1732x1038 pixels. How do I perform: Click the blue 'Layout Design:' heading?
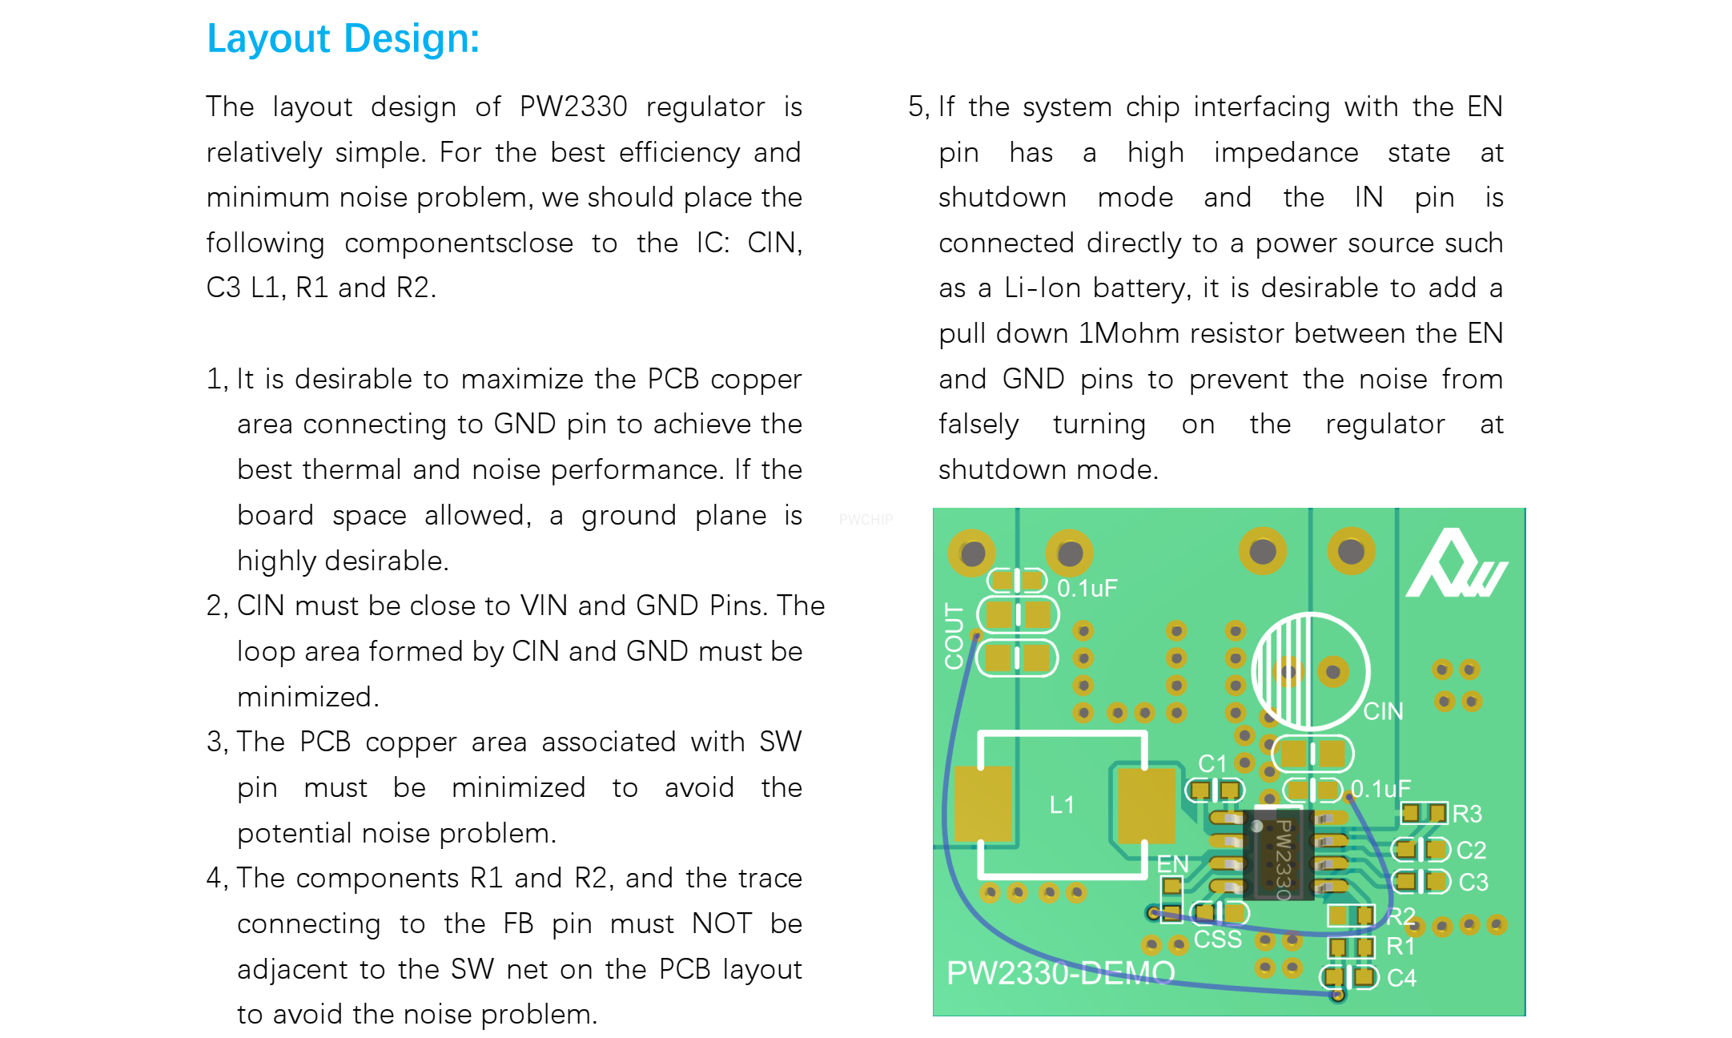point(343,38)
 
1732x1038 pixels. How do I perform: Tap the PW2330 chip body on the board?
point(1278,855)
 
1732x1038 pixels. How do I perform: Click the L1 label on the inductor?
point(1061,805)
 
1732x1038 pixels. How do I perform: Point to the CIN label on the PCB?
point(1383,711)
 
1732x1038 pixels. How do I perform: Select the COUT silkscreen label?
point(954,637)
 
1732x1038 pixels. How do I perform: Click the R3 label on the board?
point(1467,814)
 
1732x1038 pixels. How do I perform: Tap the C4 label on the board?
point(1401,978)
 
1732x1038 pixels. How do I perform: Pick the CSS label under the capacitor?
point(1217,939)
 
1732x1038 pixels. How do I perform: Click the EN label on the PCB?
point(1172,864)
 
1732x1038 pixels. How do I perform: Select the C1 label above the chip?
point(1212,763)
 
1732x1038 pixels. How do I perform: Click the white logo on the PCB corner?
point(1456,565)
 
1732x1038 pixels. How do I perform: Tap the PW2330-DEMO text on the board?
point(1060,973)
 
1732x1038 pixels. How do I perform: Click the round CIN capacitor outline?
point(1310,671)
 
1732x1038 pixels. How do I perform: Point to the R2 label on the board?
point(1400,915)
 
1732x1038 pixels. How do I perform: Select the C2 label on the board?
point(1471,850)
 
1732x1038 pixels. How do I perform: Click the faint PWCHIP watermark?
point(866,520)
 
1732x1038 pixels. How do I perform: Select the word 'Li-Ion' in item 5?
point(1043,288)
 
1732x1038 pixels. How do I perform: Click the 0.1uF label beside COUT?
point(1087,589)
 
